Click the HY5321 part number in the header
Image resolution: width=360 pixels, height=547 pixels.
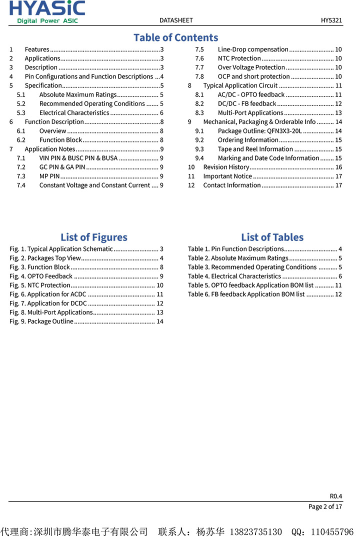(x=331, y=20)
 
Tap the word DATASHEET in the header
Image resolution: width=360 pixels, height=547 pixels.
(x=176, y=20)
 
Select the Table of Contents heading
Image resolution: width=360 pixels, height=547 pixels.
(x=176, y=37)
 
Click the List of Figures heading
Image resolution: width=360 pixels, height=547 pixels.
(x=94, y=237)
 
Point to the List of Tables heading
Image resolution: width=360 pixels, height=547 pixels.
(x=272, y=237)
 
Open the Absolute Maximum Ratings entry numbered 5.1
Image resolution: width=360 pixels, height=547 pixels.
(x=77, y=94)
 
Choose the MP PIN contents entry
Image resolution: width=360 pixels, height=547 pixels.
(x=49, y=176)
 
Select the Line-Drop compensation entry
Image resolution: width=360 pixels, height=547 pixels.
(x=253, y=49)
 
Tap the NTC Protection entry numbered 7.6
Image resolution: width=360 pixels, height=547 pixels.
(x=239, y=58)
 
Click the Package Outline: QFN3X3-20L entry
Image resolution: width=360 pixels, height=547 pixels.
(x=259, y=131)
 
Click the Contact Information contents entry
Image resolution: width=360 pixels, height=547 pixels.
(x=231, y=185)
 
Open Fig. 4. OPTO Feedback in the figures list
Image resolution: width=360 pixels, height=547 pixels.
(x=41, y=276)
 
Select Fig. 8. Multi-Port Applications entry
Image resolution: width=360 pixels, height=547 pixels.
(x=51, y=312)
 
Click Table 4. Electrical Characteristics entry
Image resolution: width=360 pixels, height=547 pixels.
(x=234, y=276)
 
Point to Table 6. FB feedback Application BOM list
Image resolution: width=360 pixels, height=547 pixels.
(x=246, y=294)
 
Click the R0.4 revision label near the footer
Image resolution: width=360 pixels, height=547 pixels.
(x=336, y=496)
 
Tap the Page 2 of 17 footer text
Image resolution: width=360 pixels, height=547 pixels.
(x=325, y=506)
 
